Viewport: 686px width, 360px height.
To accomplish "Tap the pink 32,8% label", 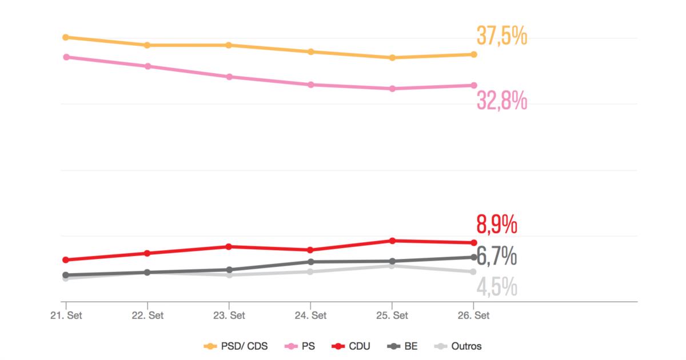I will [501, 102].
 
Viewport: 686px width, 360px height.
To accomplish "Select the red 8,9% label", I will [496, 224].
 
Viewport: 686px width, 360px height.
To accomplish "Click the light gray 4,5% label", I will [496, 287].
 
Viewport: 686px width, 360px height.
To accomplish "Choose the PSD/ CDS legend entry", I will [236, 346].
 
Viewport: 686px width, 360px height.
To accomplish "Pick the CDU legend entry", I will [351, 346].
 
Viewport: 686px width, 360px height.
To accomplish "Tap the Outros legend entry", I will [458, 346].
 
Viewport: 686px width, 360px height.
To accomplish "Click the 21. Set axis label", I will [66, 315].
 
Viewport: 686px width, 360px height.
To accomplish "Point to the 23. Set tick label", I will [229, 315].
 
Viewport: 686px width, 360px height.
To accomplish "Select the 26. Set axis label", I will [474, 315].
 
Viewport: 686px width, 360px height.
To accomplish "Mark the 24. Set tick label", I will [311, 315].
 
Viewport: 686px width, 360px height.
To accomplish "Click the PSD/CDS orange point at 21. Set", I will [66, 37].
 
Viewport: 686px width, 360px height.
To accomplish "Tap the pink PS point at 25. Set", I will [392, 89].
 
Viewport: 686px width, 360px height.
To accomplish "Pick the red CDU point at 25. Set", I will [392, 241].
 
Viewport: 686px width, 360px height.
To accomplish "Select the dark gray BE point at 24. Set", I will [311, 262].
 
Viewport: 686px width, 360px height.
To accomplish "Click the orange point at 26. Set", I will [474, 54].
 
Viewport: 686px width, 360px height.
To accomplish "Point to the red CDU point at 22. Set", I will [147, 253].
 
